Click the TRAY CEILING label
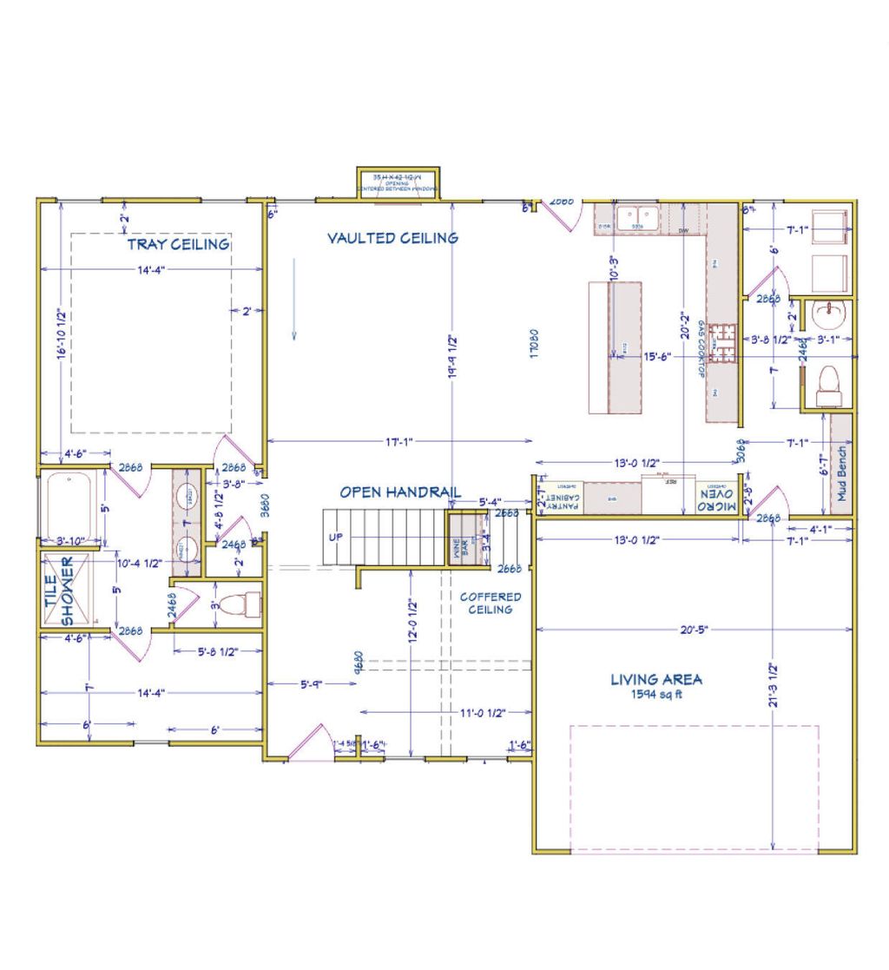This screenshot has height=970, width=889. tap(179, 244)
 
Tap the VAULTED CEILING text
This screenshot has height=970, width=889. tap(392, 238)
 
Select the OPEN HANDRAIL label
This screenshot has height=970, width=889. tap(399, 492)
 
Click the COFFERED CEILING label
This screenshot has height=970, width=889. tap(491, 603)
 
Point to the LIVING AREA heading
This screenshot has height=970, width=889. tap(656, 680)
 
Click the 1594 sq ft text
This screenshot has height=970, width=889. tap(656, 695)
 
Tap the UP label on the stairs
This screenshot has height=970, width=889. tap(336, 537)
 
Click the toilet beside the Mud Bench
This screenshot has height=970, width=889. tap(829, 382)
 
